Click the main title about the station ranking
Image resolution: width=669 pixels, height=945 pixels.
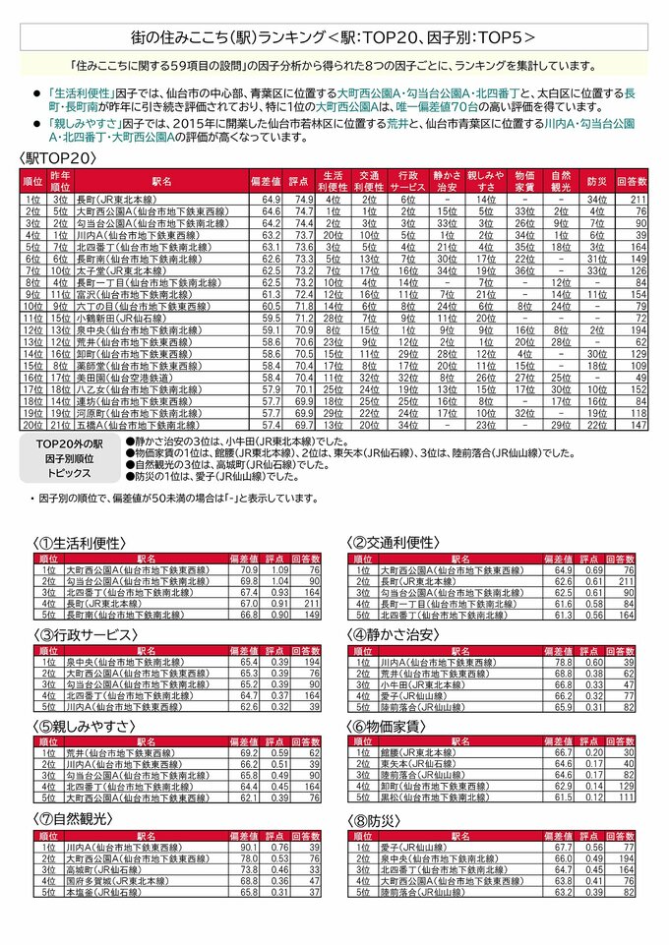[334, 38]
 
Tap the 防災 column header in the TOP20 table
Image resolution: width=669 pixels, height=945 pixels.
[595, 182]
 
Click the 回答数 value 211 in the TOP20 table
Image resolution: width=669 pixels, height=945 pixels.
[639, 200]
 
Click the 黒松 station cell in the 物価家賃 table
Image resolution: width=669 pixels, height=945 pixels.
[437, 797]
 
